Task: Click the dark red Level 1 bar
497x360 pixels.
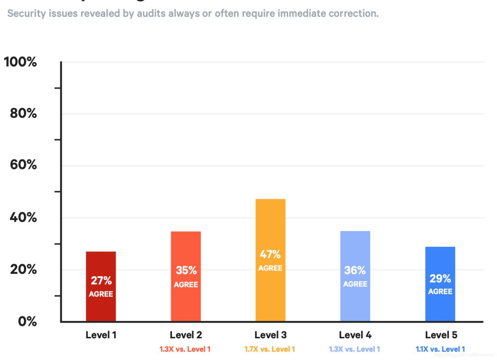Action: [101, 308]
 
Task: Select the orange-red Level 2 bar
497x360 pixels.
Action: [186, 304]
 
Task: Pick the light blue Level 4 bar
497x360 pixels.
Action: [355, 304]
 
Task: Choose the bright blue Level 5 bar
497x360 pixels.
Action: [440, 308]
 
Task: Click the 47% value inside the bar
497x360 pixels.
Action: [271, 254]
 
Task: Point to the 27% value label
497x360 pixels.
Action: [101, 280]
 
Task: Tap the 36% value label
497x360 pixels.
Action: [355, 270]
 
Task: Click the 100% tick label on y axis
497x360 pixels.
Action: [21, 62]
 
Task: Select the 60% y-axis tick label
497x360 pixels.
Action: [23, 165]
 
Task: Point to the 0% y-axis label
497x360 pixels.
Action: [28, 321]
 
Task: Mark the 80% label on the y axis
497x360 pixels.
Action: [23, 113]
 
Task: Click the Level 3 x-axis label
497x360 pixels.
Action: [271, 335]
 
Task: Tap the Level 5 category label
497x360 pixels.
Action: [440, 335]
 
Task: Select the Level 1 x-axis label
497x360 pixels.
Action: [101, 335]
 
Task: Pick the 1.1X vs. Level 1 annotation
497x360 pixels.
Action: [440, 349]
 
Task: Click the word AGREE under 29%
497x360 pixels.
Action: [440, 291]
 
